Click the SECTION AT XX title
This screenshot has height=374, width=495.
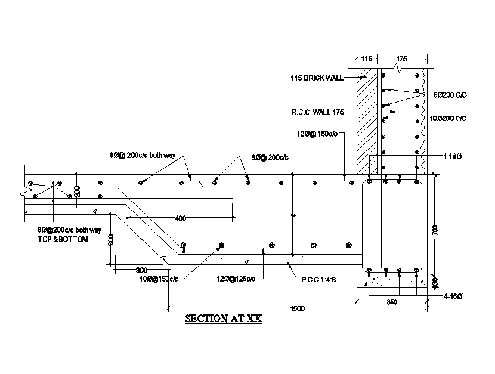223,319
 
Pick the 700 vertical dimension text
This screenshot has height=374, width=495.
435,229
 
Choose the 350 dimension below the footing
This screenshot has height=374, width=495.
391,302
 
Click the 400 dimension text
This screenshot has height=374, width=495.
180,218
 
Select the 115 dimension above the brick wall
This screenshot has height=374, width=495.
366,59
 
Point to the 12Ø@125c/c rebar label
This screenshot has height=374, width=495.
237,278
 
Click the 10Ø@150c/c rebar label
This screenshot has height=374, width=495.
158,279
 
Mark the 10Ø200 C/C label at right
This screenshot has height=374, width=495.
447,119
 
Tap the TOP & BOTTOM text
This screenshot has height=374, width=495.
63,239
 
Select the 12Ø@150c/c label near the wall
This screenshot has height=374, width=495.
317,134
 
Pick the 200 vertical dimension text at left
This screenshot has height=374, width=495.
78,191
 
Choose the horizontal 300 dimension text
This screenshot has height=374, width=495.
141,270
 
